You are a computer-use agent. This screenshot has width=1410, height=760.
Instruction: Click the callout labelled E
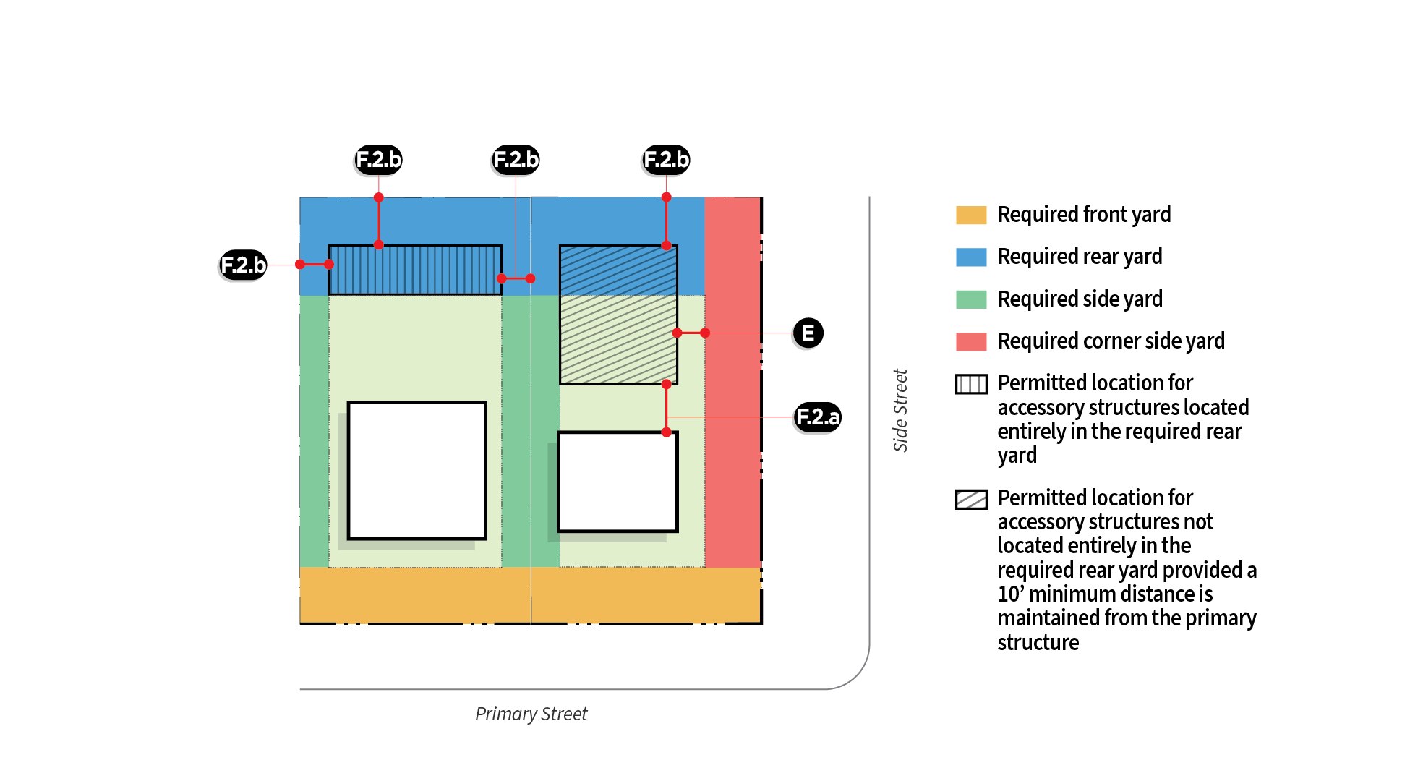[x=808, y=333]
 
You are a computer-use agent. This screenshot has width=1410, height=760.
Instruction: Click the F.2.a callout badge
[x=818, y=417]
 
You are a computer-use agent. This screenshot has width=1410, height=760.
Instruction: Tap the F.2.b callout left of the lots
[x=243, y=265]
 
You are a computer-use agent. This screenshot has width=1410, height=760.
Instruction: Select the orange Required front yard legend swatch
[x=970, y=215]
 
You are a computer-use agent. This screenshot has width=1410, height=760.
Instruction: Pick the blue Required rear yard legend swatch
[x=970, y=257]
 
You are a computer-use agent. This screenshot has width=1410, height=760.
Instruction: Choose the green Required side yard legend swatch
[x=970, y=299]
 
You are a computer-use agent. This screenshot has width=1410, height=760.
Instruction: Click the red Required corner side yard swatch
[x=970, y=341]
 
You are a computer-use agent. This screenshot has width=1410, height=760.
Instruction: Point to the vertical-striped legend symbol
[x=970, y=384]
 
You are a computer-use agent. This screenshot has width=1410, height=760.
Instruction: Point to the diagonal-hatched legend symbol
[x=970, y=499]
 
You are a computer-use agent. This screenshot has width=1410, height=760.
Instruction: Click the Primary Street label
[x=531, y=714]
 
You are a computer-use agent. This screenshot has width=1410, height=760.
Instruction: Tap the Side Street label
[x=900, y=410]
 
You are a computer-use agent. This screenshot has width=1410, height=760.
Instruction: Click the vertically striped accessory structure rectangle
[x=415, y=270]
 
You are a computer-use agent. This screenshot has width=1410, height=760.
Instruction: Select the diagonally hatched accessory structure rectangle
[x=618, y=315]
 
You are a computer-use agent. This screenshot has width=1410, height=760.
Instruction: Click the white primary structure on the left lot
[x=416, y=470]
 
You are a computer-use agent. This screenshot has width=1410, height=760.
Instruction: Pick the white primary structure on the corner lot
[x=618, y=482]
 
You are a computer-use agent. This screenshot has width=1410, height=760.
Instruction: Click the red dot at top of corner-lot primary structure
[x=667, y=432]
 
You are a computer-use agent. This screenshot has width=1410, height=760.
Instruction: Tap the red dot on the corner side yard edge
[x=705, y=333]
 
